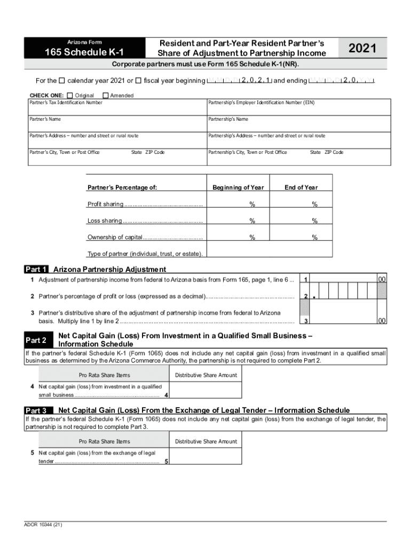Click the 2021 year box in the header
point(362,49)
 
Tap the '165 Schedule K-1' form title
point(84,52)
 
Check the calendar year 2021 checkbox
point(61,81)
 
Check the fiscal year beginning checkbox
point(138,81)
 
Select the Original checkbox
point(70,95)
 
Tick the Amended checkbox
point(105,95)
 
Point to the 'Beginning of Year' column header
point(238,187)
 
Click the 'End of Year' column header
point(301,187)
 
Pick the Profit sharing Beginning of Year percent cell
point(238,204)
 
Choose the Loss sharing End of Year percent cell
point(301,221)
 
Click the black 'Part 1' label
point(37,269)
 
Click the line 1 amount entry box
point(342,279)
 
